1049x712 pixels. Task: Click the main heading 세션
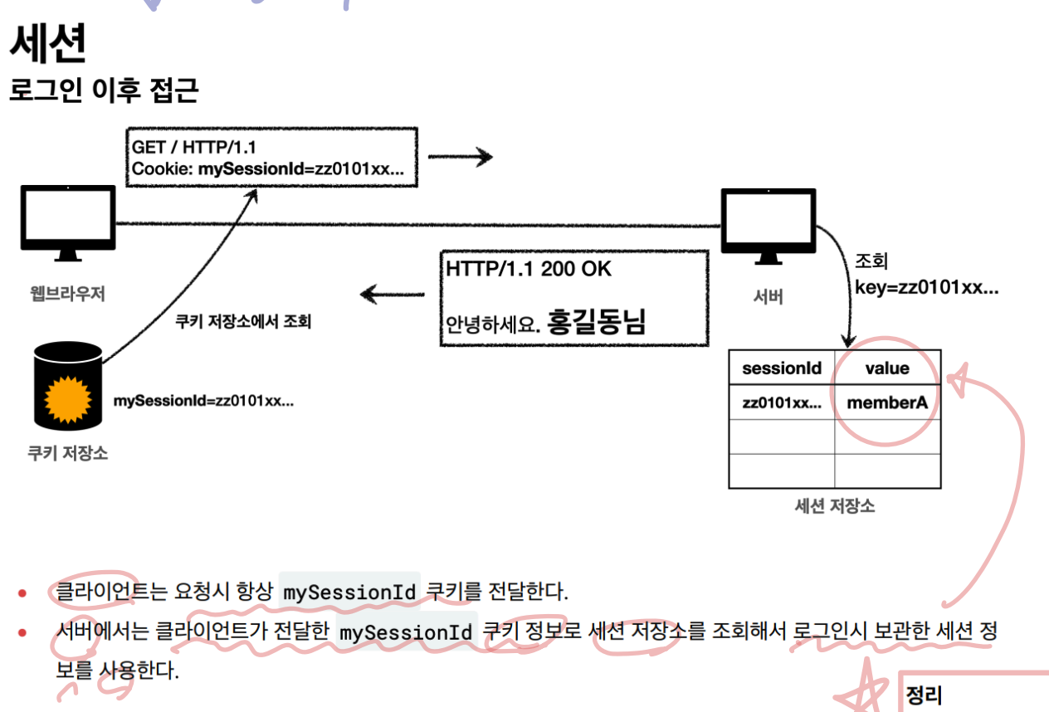(47, 46)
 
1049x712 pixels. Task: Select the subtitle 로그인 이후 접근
(104, 90)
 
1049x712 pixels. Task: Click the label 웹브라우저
(68, 293)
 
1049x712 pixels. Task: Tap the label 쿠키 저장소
(67, 454)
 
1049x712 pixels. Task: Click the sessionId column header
(781, 368)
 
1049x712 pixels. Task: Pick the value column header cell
(886, 368)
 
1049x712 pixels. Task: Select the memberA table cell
(886, 403)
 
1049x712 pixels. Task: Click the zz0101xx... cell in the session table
(782, 403)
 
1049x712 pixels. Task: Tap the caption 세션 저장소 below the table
(834, 505)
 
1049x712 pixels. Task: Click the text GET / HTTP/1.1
(193, 147)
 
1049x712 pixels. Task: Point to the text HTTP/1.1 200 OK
(529, 270)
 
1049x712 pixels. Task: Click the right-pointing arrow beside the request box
(460, 157)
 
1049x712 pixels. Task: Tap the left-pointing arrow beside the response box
(393, 294)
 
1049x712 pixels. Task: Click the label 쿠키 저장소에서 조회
(243, 322)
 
